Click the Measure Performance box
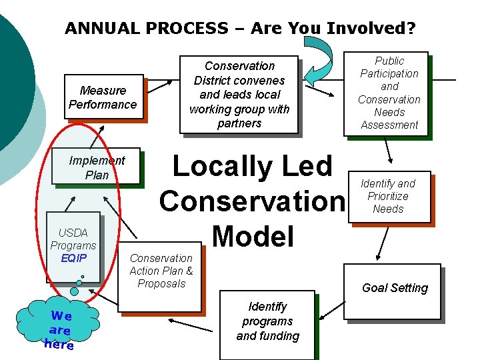point(103,97)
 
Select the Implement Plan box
point(96,167)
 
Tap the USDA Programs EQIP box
point(73,245)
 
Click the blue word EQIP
point(73,258)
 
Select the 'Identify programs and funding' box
point(267,321)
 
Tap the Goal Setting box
point(395,288)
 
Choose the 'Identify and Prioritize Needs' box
point(388,197)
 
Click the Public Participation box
point(389,93)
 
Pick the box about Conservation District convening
point(239,95)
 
